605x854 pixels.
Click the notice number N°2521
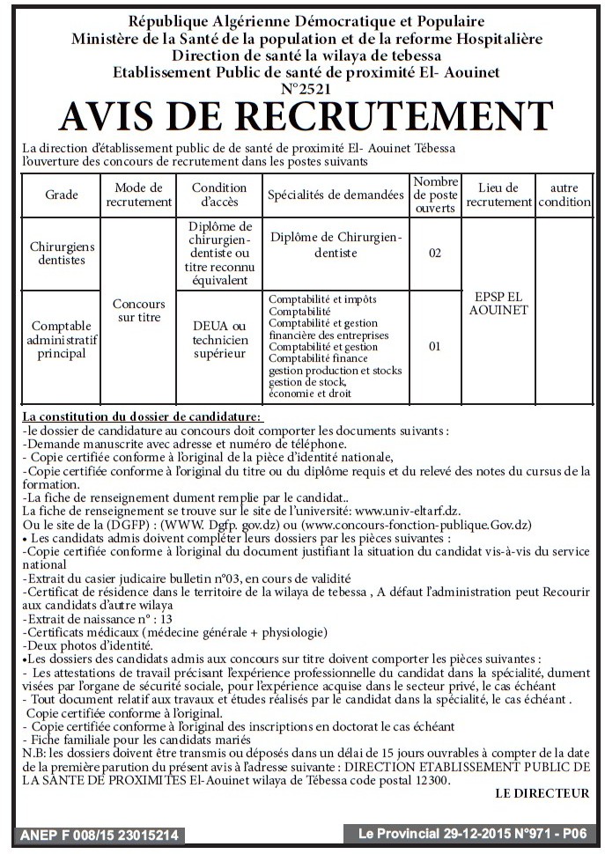pos(303,88)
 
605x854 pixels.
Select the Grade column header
pos(62,195)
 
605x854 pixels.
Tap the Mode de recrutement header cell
pos(139,195)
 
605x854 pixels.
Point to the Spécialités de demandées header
pos(336,195)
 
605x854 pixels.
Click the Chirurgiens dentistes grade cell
pos(62,254)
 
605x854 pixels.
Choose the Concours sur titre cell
pos(139,310)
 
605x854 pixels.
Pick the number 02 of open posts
pos(434,254)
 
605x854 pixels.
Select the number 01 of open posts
pos(434,347)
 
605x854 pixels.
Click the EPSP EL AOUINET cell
pos(499,304)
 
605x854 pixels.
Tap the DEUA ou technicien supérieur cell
pos(219,339)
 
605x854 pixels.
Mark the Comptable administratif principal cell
pos(62,340)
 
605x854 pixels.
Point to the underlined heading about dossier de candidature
pos(142,416)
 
